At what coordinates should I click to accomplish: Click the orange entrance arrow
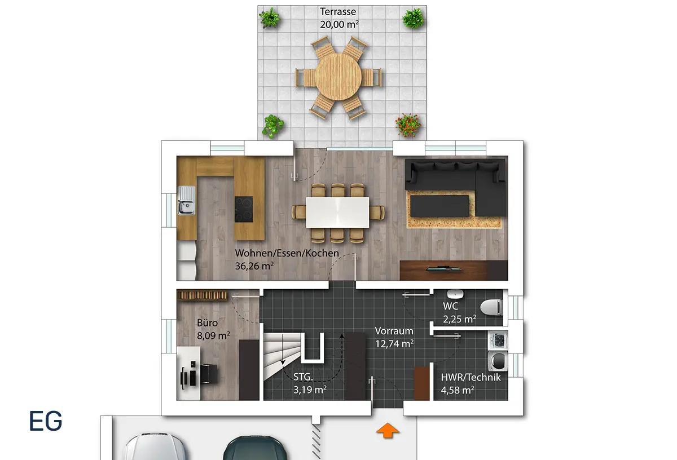point(388,430)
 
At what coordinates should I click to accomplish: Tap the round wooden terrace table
point(338,77)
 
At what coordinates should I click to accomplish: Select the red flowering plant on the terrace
point(408,125)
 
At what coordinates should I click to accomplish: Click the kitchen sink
point(187,200)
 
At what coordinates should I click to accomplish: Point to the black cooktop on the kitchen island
point(244,209)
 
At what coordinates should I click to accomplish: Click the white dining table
point(337,213)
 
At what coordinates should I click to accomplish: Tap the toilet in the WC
point(491,307)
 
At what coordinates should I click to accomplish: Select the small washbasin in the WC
point(455,294)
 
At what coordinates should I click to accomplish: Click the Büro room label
point(208,322)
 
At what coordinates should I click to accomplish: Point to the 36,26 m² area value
point(254,266)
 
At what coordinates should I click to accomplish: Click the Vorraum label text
point(394,331)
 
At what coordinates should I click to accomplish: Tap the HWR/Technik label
point(471,377)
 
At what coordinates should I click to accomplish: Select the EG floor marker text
point(46,421)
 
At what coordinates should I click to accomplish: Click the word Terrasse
point(338,11)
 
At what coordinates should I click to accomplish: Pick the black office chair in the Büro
point(209,374)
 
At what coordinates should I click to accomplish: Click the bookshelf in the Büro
point(202,295)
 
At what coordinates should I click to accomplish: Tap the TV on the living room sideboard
point(443,268)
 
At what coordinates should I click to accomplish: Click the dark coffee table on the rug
point(439,206)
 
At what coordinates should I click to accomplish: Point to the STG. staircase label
point(303,377)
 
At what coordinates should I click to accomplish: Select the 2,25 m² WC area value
point(459,319)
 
